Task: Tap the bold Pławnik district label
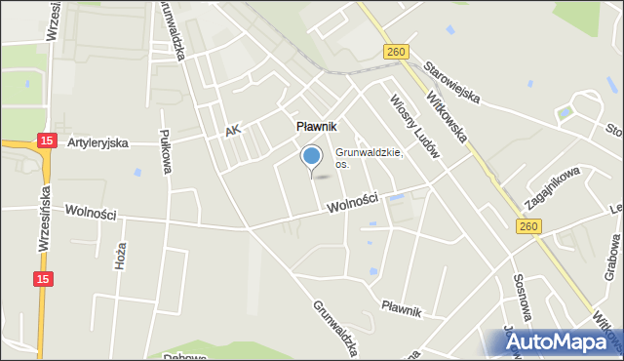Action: pos(316,127)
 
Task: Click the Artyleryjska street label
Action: pos(97,142)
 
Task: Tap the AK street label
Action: pos(231,130)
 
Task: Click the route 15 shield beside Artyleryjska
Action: pos(46,141)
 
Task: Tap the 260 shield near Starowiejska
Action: pos(395,53)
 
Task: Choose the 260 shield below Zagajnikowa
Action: pos(526,226)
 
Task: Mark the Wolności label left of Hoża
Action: pos(91,212)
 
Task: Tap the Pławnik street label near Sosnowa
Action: pos(401,310)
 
